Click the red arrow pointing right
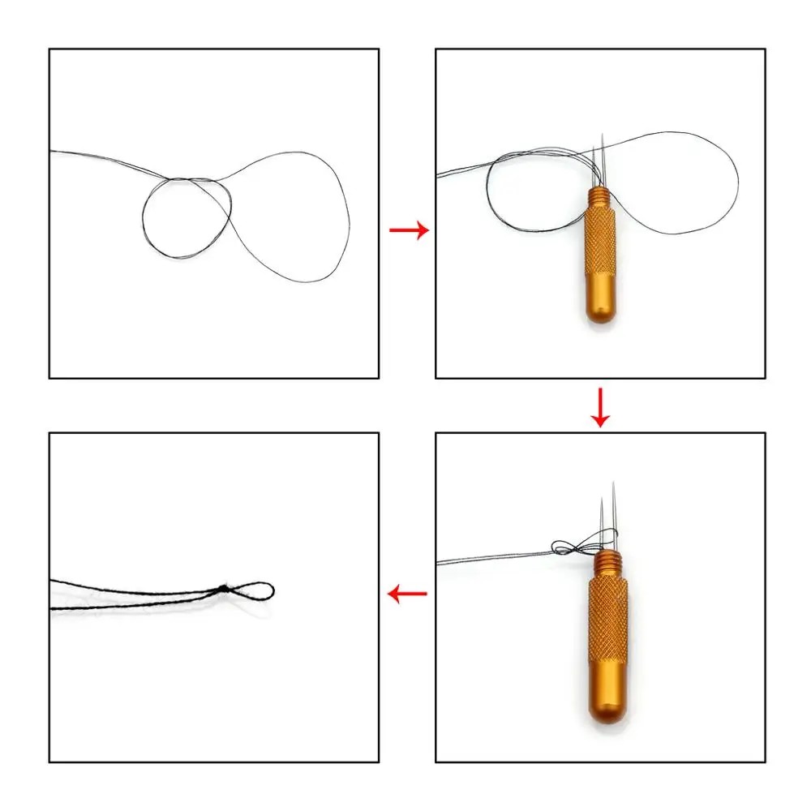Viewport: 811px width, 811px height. [409, 231]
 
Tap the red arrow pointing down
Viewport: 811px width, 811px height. [600, 407]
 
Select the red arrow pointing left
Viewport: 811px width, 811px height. [407, 594]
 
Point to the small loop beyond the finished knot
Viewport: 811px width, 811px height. [253, 590]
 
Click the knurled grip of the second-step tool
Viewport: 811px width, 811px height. [599, 243]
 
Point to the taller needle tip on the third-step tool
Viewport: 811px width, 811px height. [614, 485]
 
